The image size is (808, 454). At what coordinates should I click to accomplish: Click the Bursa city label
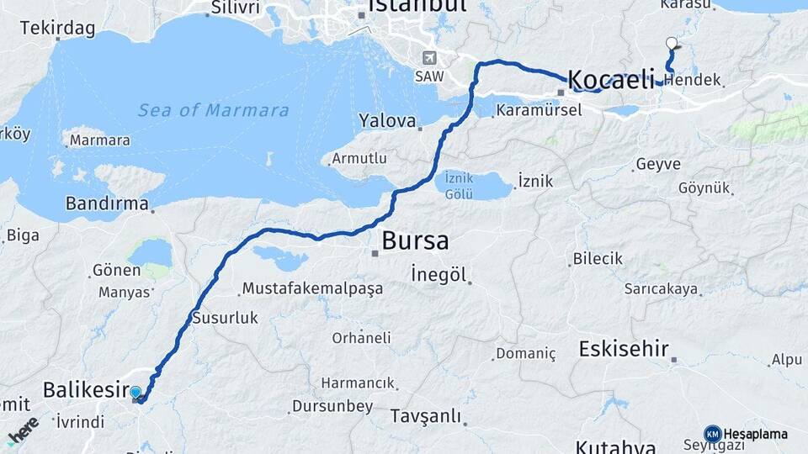415,240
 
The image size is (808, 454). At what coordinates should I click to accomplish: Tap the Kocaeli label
611,81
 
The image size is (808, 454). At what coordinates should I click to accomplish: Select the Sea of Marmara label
213,110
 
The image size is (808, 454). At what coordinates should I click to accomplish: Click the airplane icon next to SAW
430,58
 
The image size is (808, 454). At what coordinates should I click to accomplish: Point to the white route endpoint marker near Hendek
671,43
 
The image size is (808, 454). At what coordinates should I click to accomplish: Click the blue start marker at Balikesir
136,392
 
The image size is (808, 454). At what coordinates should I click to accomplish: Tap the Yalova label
387,120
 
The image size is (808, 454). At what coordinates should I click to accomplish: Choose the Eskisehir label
623,349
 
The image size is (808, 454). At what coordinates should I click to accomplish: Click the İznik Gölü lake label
459,185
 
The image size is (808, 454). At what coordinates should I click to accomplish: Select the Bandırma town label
107,203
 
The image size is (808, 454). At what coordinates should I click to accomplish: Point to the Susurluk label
225,318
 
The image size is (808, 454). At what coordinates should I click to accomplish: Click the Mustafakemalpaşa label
312,288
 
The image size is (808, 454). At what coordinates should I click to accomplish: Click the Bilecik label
598,259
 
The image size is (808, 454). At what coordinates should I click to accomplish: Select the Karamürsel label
539,110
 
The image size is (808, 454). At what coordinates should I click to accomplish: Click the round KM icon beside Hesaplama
712,434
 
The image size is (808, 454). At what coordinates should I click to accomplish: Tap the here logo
24,430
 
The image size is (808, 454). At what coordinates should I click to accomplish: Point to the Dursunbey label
332,406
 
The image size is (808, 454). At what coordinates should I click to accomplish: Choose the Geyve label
658,164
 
